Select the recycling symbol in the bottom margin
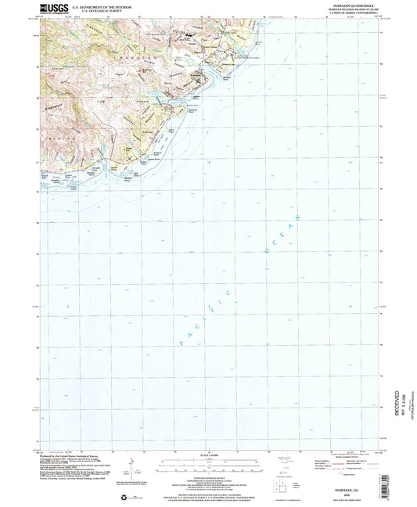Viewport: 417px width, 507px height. click(x=138, y=498)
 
